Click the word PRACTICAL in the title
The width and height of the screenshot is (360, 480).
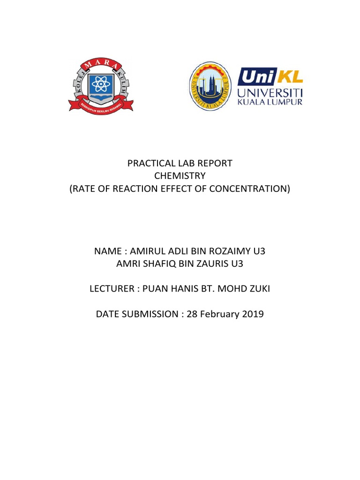tap(147, 164)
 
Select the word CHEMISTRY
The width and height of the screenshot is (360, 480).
tap(180, 176)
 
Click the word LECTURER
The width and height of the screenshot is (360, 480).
tap(111, 289)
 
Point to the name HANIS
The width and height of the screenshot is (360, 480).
tap(184, 289)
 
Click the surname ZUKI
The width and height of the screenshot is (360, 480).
tap(260, 289)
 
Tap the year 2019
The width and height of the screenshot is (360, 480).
tap(253, 314)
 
